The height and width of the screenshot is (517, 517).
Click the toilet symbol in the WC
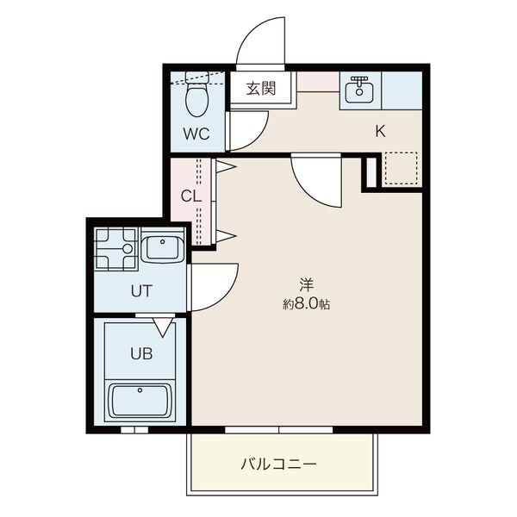pyautogui.click(x=196, y=93)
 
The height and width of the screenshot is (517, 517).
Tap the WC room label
pyautogui.click(x=196, y=134)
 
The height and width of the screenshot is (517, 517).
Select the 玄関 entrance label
pyautogui.click(x=261, y=88)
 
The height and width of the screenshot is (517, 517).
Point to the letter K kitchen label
pyautogui.click(x=380, y=132)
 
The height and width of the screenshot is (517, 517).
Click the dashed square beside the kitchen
pyautogui.click(x=402, y=168)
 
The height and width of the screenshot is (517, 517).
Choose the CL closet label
pyautogui.click(x=191, y=196)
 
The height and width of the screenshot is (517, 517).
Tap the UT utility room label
pyautogui.click(x=141, y=291)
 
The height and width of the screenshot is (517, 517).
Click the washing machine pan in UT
pyautogui.click(x=115, y=248)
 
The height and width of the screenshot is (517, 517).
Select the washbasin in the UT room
pyautogui.click(x=163, y=249)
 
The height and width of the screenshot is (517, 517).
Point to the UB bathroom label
pyautogui.click(x=141, y=354)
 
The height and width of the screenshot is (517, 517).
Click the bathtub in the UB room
pyautogui.click(x=140, y=401)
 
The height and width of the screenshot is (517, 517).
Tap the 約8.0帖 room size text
pyautogui.click(x=306, y=304)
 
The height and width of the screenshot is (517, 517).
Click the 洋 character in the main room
pyautogui.click(x=306, y=285)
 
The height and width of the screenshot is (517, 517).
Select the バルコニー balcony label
pyautogui.click(x=278, y=464)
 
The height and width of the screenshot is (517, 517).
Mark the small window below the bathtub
pyautogui.click(x=134, y=430)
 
